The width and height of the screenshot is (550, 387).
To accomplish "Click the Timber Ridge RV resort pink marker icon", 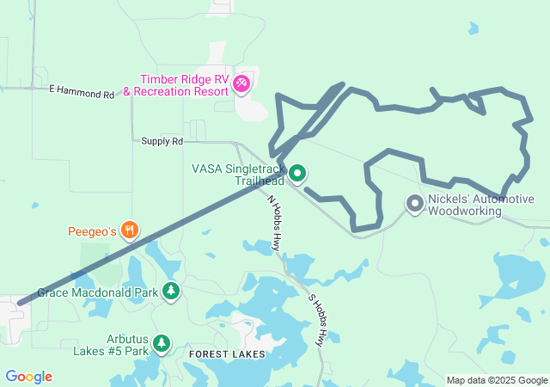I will coord(241,83).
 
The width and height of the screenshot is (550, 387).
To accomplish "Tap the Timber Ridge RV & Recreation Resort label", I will coord(176,85).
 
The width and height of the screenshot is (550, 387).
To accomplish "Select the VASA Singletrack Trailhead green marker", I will coord(297,174).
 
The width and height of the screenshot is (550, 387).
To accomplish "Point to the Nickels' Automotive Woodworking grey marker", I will coord(414,204).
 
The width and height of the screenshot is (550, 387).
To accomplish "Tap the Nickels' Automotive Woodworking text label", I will coord(480,205).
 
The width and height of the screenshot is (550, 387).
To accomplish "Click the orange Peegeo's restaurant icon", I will coord(130,230).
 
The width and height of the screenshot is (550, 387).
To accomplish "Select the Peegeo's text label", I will coord(92,231).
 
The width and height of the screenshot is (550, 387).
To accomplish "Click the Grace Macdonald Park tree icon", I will coord(171,292).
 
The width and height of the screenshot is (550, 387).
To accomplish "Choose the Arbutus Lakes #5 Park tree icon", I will coord(161,344).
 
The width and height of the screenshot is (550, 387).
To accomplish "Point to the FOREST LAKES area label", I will coord(227,354).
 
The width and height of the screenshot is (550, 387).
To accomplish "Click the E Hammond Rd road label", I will coord(82,89).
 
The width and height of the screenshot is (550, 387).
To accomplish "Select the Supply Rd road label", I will coord(162,141).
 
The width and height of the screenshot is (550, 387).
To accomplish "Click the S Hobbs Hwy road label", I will coord(317,320).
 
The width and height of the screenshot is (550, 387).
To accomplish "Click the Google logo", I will coord(28,377).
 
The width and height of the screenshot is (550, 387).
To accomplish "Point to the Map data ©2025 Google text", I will coord(496,380).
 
